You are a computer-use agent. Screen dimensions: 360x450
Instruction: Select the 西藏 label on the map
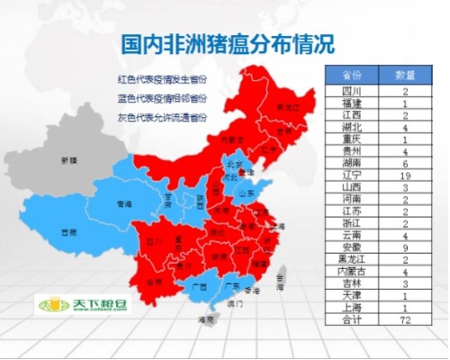[67, 232]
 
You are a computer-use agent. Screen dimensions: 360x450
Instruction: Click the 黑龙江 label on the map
[286, 107]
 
